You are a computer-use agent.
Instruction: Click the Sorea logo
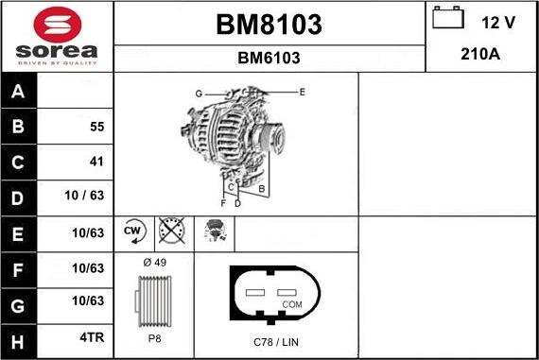(x=56, y=36)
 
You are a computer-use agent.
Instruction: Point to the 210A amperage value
(x=480, y=55)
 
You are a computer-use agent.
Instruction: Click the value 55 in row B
(x=96, y=127)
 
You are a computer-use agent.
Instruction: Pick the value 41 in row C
(x=96, y=162)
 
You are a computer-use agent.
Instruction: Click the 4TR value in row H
(x=91, y=336)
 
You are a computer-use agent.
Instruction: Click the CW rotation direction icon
(x=133, y=231)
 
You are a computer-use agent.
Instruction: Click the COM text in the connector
(x=293, y=305)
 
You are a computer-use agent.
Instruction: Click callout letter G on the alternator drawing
(x=199, y=94)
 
